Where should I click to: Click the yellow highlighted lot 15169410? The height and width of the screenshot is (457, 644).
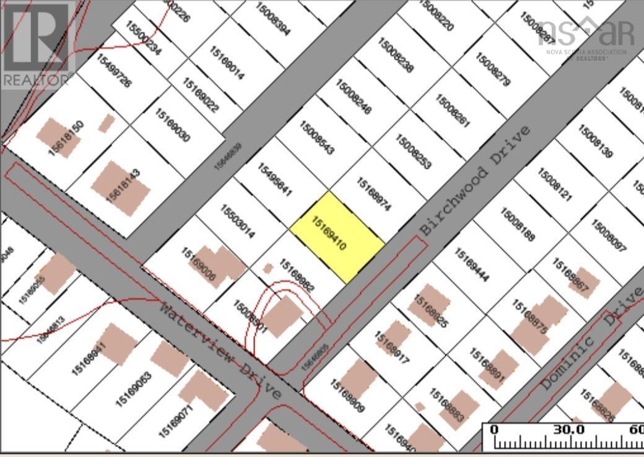337,237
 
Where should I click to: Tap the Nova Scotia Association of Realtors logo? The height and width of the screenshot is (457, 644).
586,37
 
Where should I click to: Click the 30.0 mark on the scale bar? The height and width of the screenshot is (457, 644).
568,430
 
